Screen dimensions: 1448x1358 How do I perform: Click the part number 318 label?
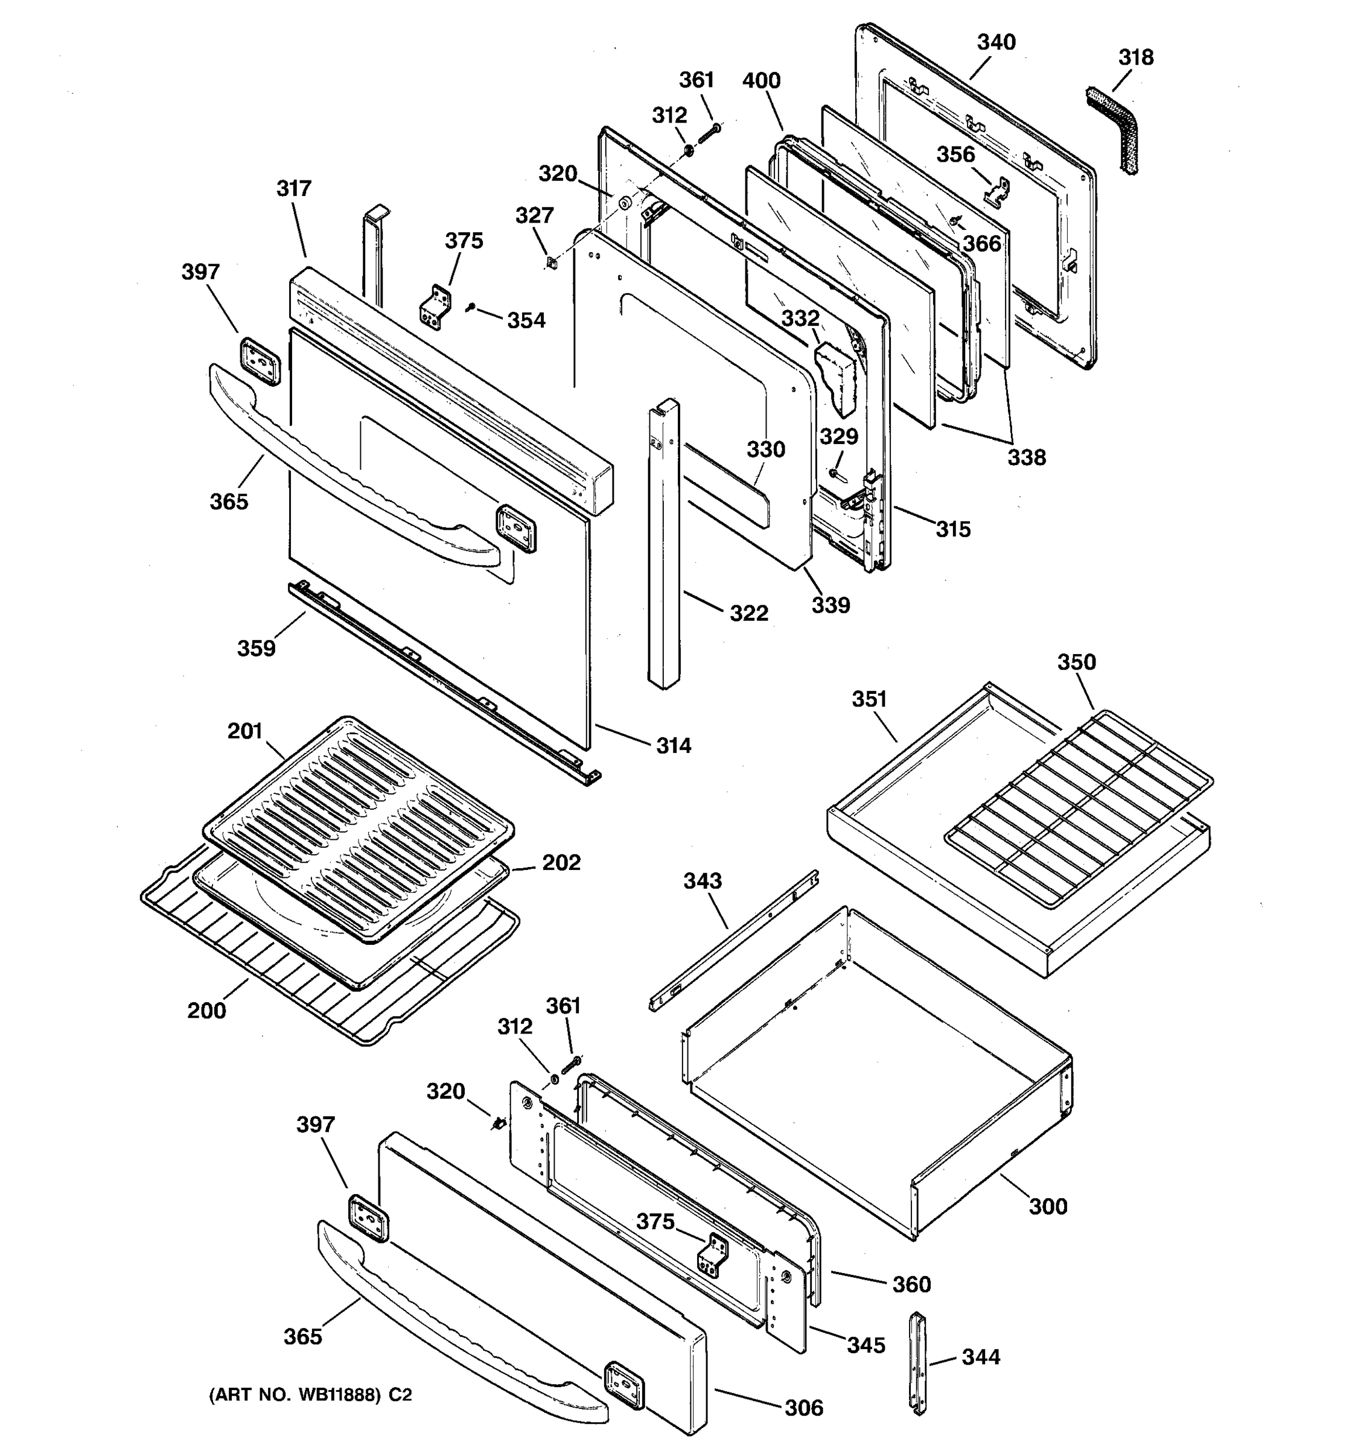coord(1136,57)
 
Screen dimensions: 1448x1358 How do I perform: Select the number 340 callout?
coord(996,42)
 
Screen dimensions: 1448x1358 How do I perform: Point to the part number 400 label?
coord(761,80)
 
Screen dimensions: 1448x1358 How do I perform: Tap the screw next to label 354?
coord(471,309)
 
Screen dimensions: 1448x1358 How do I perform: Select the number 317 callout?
coord(293,189)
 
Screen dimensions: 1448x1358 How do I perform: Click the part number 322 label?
coord(749,613)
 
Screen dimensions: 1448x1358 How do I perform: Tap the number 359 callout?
coord(257,647)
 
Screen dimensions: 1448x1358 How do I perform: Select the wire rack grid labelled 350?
coord(1078,808)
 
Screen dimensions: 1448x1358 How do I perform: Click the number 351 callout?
coord(869,699)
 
